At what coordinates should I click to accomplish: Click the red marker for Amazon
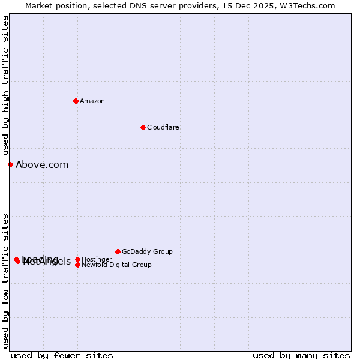point(76,101)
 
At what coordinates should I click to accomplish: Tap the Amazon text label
point(92,101)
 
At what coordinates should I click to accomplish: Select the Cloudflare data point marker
point(143,127)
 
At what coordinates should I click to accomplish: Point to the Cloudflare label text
point(163,127)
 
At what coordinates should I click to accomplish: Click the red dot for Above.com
point(10,164)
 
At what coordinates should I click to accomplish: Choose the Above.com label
point(42,164)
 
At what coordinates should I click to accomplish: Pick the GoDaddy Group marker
point(118,251)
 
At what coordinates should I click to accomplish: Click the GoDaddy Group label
point(147,251)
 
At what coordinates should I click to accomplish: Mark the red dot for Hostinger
point(77,259)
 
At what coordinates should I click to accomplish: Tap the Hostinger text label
point(97,259)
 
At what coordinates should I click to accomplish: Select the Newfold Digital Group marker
point(77,265)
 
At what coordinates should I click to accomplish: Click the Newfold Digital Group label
point(116,265)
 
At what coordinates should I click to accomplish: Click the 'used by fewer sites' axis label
point(62,355)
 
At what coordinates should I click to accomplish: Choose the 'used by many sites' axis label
point(301,355)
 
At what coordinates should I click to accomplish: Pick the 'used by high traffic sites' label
point(5,85)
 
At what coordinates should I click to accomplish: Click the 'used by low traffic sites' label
point(5,281)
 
